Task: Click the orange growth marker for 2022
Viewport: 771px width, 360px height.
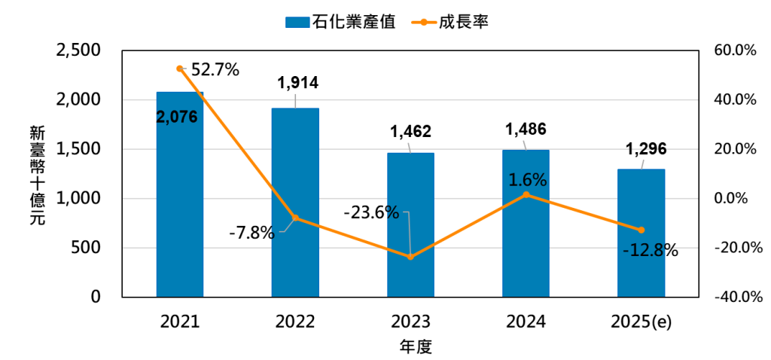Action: point(295,218)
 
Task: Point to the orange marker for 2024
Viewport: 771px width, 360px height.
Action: point(526,194)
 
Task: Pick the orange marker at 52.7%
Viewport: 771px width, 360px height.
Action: point(180,69)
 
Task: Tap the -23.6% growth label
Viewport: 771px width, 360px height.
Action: point(371,212)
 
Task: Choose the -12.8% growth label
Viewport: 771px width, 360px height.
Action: point(651,251)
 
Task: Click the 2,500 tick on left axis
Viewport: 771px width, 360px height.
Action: point(78,50)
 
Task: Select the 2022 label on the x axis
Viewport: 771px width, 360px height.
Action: point(295,322)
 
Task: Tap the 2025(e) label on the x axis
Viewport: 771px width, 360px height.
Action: point(641,322)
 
